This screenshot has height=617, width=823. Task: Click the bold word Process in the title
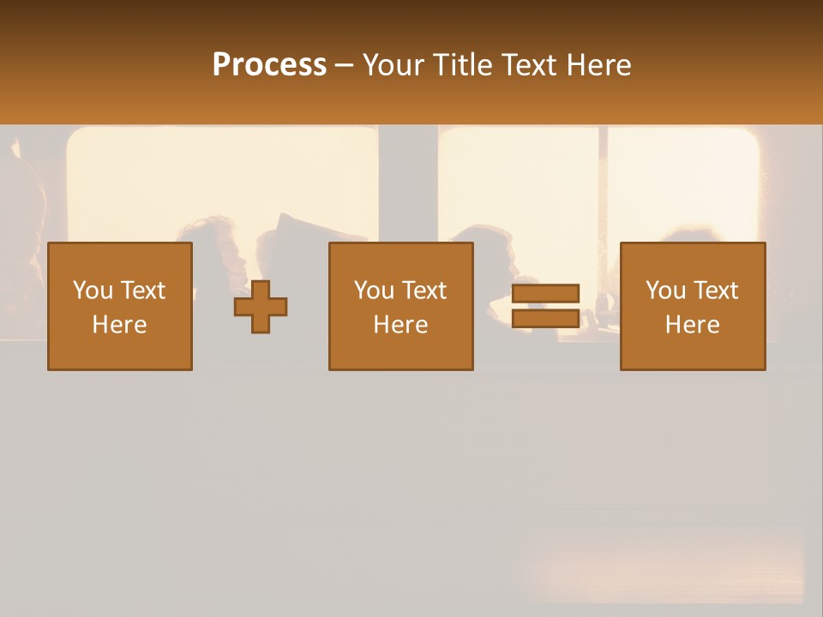(x=269, y=65)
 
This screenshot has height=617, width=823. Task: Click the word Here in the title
(x=598, y=65)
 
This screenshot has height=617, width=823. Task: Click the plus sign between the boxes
(x=261, y=307)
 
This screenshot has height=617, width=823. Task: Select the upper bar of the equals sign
(x=545, y=294)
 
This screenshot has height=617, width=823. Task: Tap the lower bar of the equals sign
(x=545, y=318)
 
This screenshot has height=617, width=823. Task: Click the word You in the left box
(x=93, y=291)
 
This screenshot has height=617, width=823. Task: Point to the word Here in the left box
(x=119, y=325)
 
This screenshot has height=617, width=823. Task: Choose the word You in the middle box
(x=374, y=291)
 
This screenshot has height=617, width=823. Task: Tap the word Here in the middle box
(x=400, y=325)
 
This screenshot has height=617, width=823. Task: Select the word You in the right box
(x=665, y=291)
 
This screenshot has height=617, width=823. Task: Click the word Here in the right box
(x=692, y=325)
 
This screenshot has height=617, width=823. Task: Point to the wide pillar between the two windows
(x=408, y=184)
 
